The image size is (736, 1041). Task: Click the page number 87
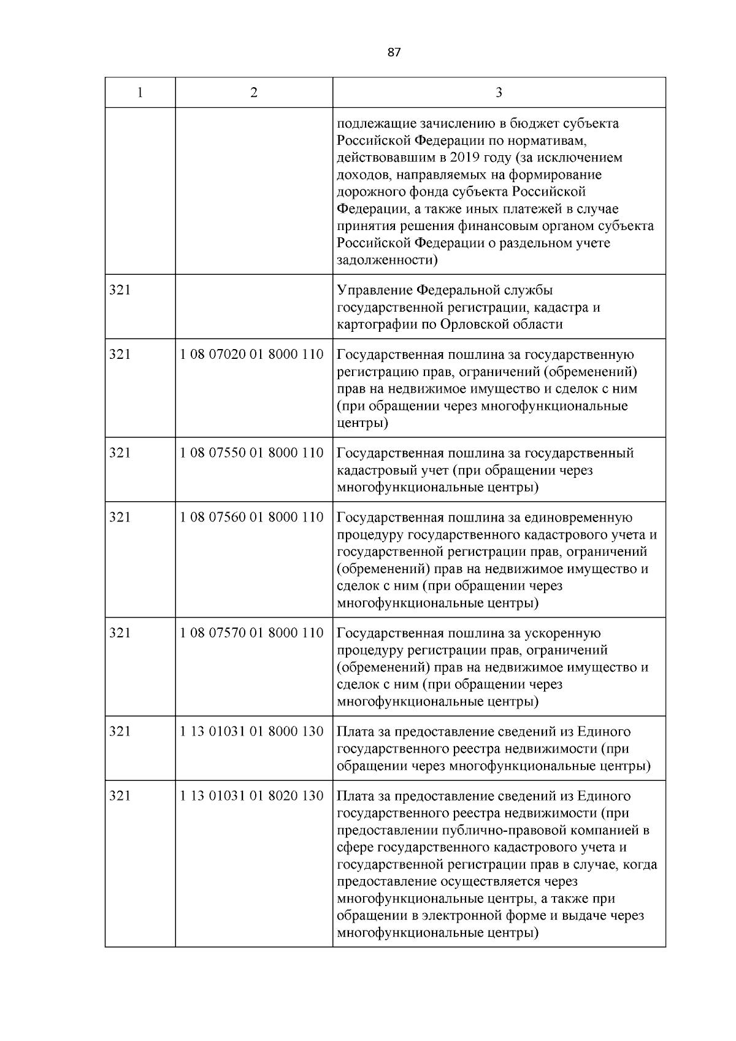tap(394, 53)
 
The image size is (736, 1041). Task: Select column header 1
tap(140, 93)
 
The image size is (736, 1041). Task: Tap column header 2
tap(254, 93)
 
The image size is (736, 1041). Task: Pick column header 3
tap(499, 93)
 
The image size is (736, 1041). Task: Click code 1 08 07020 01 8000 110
tap(252, 355)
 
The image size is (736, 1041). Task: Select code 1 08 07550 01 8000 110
tap(252, 453)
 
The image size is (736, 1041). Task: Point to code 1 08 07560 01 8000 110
tap(252, 517)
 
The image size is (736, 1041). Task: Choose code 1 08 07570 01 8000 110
tap(252, 632)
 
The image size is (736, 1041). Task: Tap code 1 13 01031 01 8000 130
tap(252, 731)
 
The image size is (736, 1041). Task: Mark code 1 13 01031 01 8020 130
tap(252, 796)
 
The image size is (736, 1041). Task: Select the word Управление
tap(374, 290)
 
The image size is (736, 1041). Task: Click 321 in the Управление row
tap(120, 290)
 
